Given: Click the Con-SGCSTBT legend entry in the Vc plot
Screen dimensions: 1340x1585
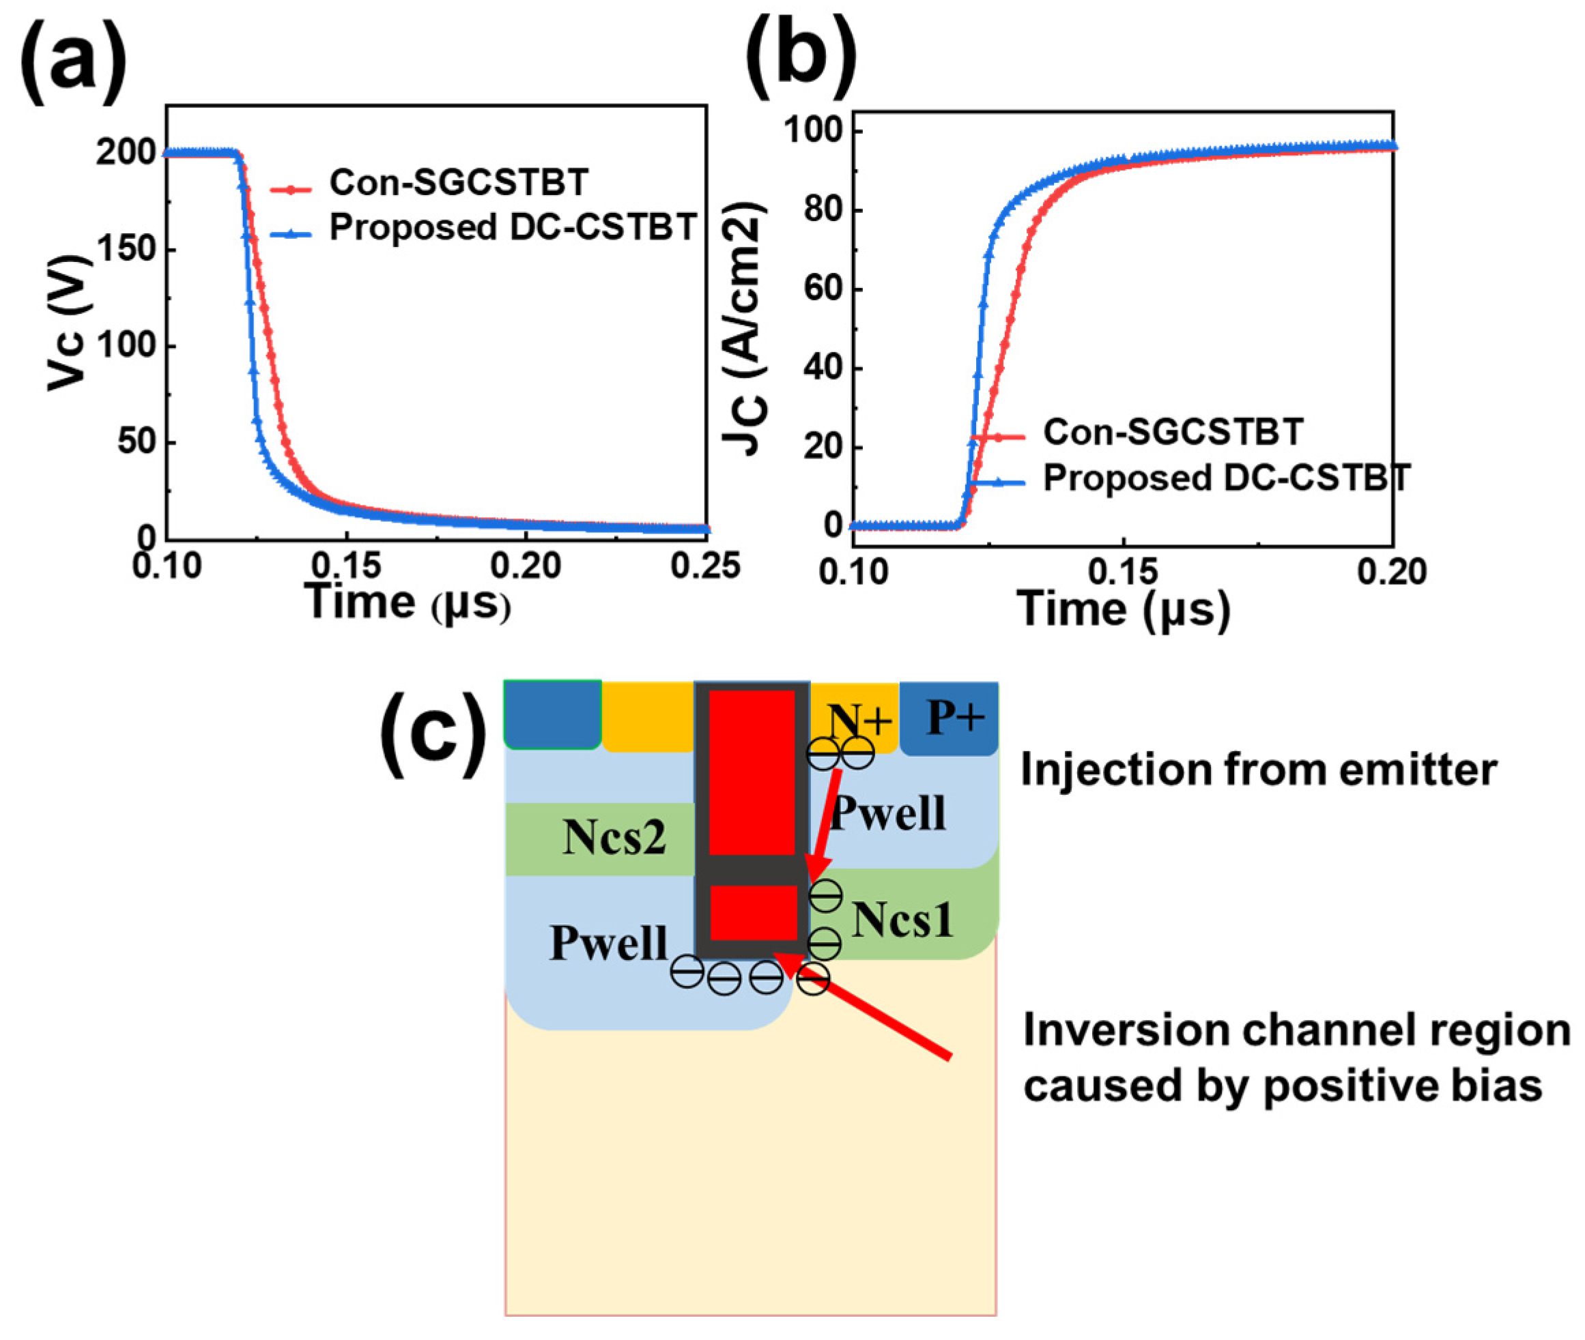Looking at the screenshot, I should [x=458, y=183].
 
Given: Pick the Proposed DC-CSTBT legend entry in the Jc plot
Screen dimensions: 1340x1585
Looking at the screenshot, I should [x=1225, y=478].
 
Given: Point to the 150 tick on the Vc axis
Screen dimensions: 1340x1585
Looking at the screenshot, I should [x=126, y=249].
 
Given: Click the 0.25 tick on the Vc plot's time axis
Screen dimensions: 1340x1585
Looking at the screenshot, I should [x=705, y=566].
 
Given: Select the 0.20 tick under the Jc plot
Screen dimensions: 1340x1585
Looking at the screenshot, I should [x=1392, y=572].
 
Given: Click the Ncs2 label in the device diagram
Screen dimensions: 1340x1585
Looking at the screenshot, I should [x=614, y=839].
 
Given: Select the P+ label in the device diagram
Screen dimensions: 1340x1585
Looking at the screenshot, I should [x=955, y=716].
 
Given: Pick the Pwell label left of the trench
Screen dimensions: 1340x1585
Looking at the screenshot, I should [x=608, y=944].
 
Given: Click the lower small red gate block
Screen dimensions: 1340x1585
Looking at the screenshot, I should [x=753, y=912].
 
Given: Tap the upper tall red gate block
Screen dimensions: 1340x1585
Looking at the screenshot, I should [x=752, y=772].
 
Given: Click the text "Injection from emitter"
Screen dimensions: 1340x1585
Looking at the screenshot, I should [x=1257, y=770].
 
